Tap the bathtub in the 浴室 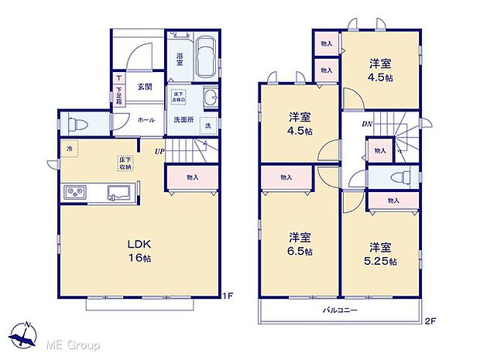[204, 57]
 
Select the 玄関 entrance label [145, 87]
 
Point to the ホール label [146, 120]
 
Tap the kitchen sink [118, 192]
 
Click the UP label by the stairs [159, 152]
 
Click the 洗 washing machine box [207, 125]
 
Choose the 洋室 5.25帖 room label [381, 254]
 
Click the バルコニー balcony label [339, 310]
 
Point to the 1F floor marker [228, 295]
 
